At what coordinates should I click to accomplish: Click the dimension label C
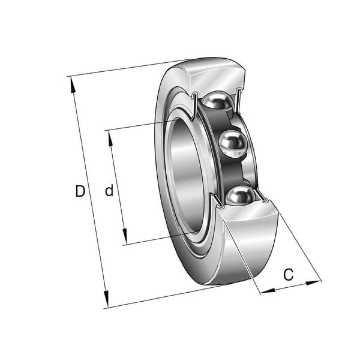click(288, 275)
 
